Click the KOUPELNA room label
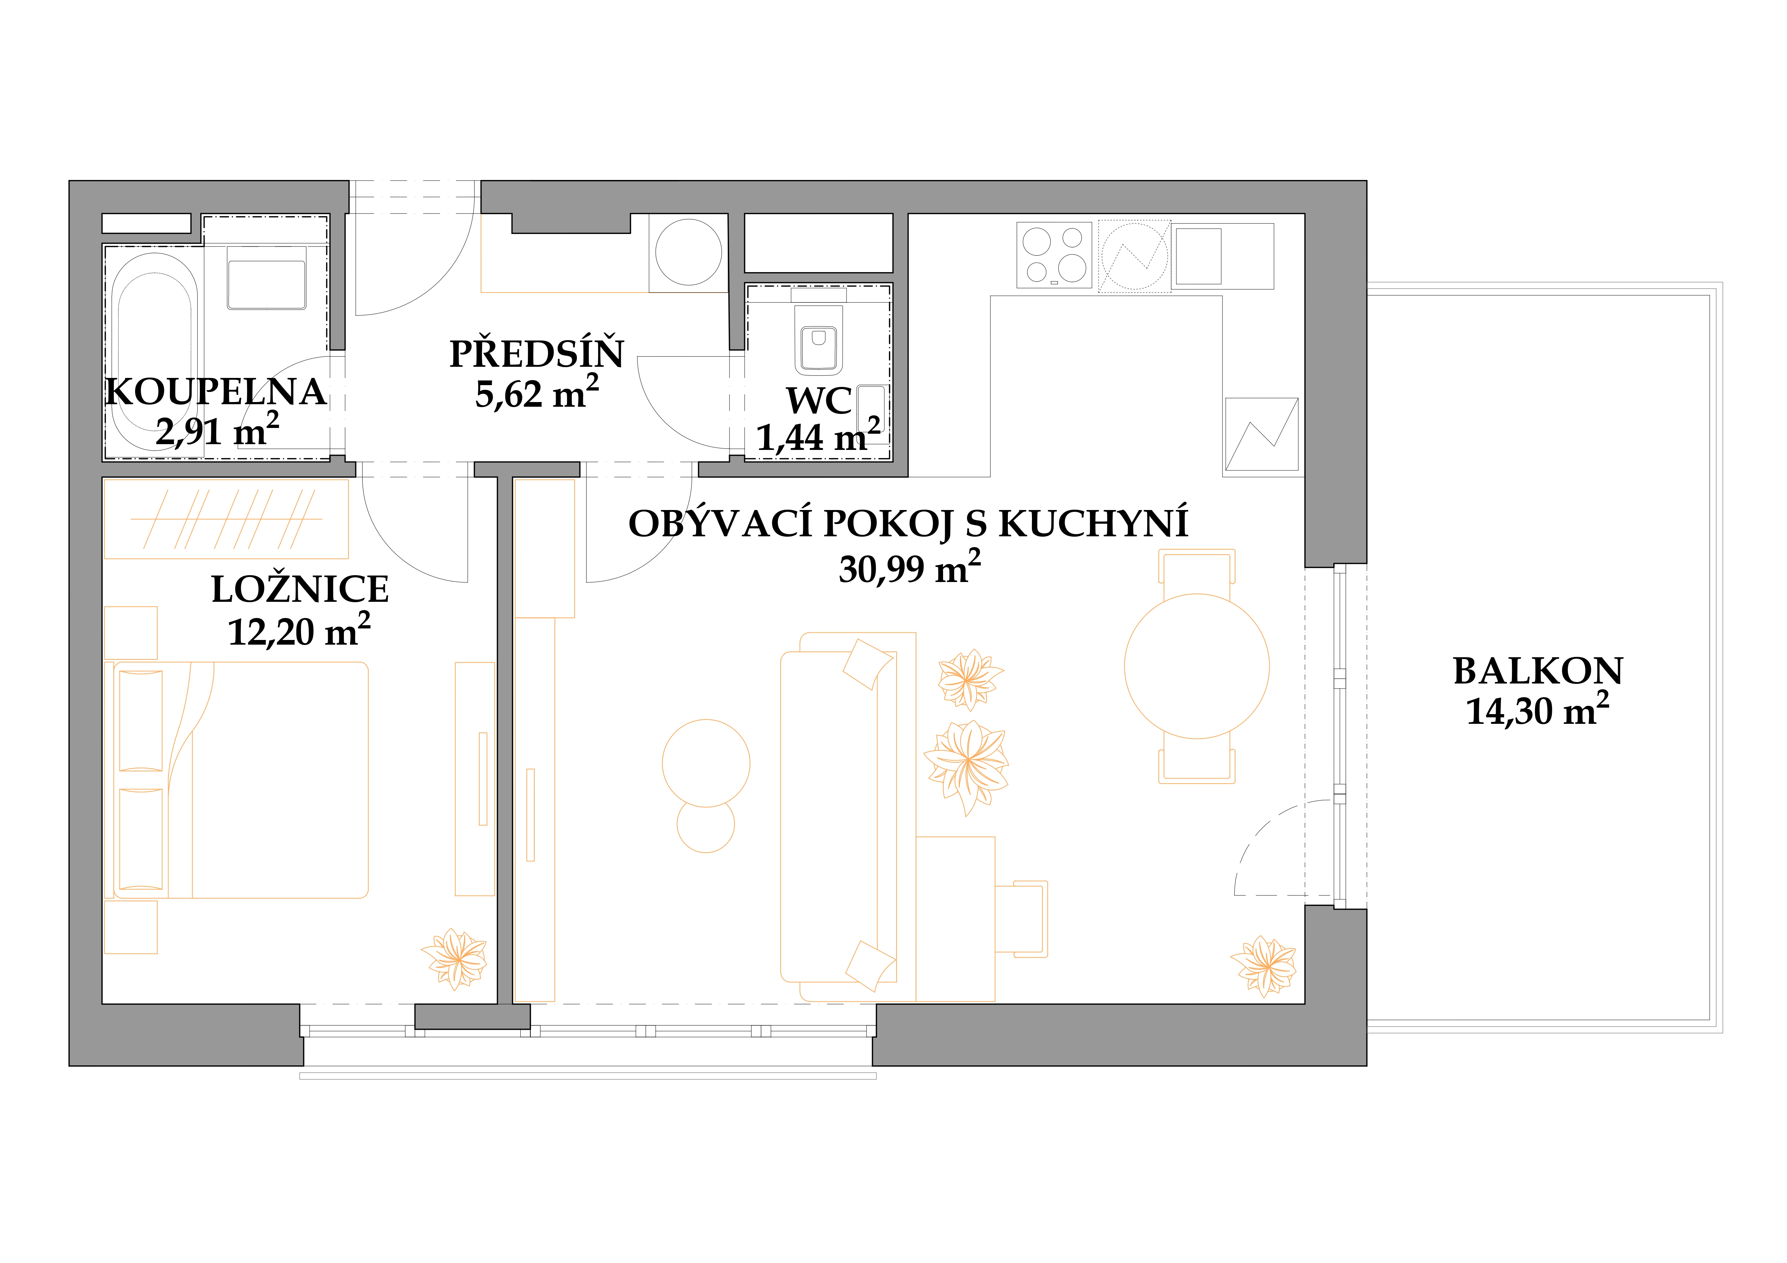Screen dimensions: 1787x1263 tap(216, 392)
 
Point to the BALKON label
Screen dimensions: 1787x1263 tap(1538, 671)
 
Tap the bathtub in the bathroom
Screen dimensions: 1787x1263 tap(155, 362)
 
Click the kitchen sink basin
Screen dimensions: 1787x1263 tap(1199, 256)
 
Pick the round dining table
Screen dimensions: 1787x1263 tap(1196, 666)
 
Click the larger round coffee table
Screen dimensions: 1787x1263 tap(706, 763)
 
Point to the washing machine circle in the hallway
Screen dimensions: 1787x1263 tap(689, 252)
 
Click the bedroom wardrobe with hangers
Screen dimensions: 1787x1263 tap(226, 519)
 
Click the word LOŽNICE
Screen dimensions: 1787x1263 tap(300, 589)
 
